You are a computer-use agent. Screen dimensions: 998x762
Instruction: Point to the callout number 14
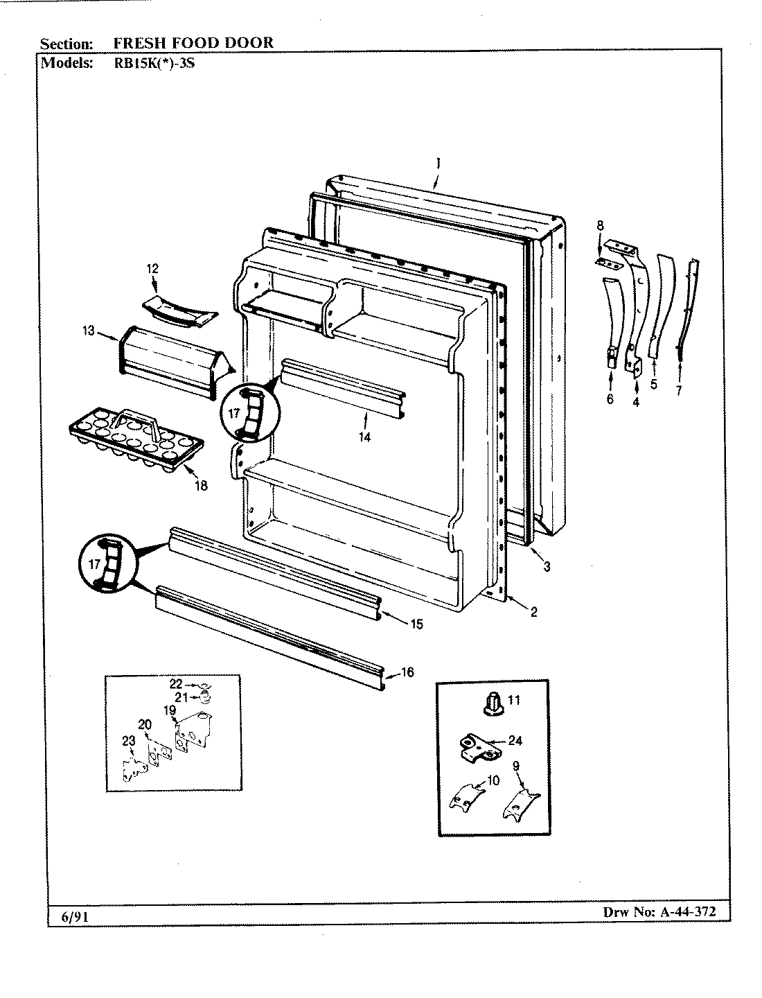tap(364, 437)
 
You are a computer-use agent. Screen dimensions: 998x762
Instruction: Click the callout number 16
tap(407, 672)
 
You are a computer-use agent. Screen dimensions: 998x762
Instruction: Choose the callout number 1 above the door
tap(438, 164)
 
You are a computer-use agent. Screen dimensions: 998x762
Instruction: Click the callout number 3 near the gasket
tap(547, 567)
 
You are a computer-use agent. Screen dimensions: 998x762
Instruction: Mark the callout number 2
tap(534, 611)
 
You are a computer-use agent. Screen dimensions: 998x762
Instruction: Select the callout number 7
tap(679, 391)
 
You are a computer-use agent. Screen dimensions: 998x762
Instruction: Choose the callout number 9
tap(516, 766)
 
